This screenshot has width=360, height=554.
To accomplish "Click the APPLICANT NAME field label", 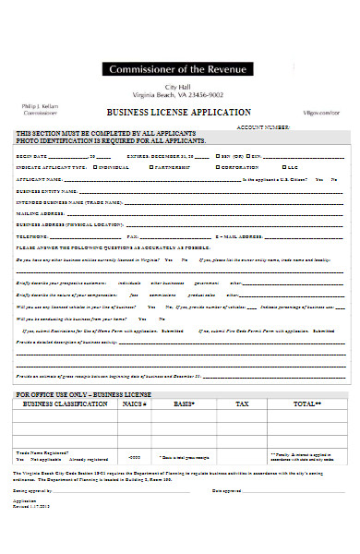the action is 40,179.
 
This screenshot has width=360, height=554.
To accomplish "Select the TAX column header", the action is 242,403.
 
